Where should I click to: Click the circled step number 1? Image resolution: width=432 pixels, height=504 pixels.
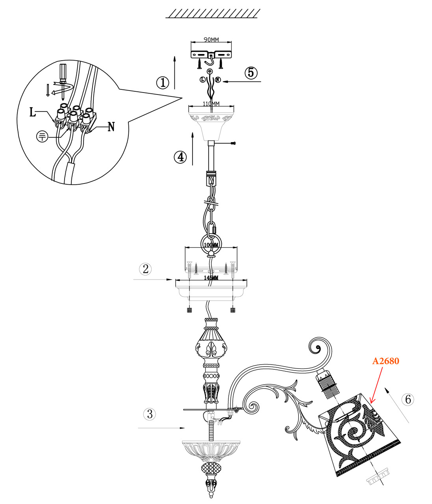click(162, 83)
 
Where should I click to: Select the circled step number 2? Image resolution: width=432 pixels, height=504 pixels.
click(146, 269)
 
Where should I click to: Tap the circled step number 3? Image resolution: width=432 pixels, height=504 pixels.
click(149, 414)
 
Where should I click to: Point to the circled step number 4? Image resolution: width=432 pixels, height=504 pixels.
click(180, 157)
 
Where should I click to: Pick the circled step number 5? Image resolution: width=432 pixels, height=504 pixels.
click(251, 72)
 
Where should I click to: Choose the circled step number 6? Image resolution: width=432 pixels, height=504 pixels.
click(408, 399)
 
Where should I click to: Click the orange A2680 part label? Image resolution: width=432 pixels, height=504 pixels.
click(386, 361)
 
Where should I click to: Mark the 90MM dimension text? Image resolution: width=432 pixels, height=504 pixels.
click(211, 40)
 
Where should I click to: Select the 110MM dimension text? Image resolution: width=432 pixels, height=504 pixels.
click(211, 104)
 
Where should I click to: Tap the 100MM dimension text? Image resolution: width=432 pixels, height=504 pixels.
click(211, 245)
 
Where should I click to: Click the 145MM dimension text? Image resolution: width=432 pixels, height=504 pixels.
click(211, 278)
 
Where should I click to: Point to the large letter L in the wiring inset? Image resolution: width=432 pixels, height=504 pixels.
click(33, 112)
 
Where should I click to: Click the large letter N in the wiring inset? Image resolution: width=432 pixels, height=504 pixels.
click(111, 127)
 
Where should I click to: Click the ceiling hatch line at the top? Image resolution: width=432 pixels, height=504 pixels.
click(211, 14)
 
